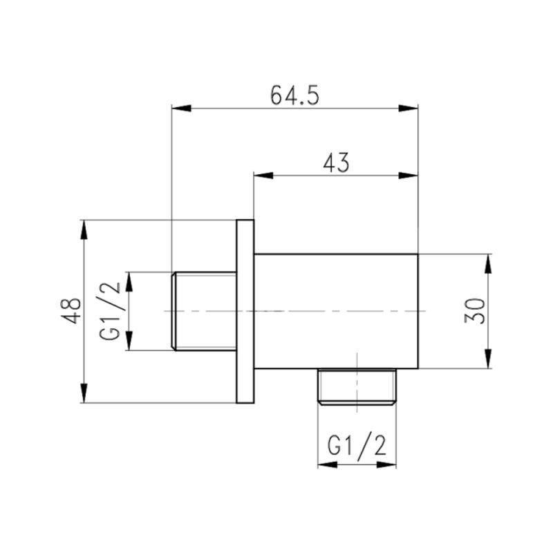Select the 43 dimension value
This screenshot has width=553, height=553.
[336, 163]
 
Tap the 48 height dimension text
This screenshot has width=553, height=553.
[71, 310]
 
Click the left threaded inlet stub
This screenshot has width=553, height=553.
[203, 311]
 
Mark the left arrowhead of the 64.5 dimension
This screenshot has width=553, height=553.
[180, 108]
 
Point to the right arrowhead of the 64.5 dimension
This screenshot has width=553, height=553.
[409, 108]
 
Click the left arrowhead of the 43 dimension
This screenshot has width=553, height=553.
[263, 176]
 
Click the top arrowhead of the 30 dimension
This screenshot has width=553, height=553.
[488, 264]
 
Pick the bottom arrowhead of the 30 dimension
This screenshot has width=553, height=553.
[488, 359]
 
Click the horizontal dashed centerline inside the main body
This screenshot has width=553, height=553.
[336, 311]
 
